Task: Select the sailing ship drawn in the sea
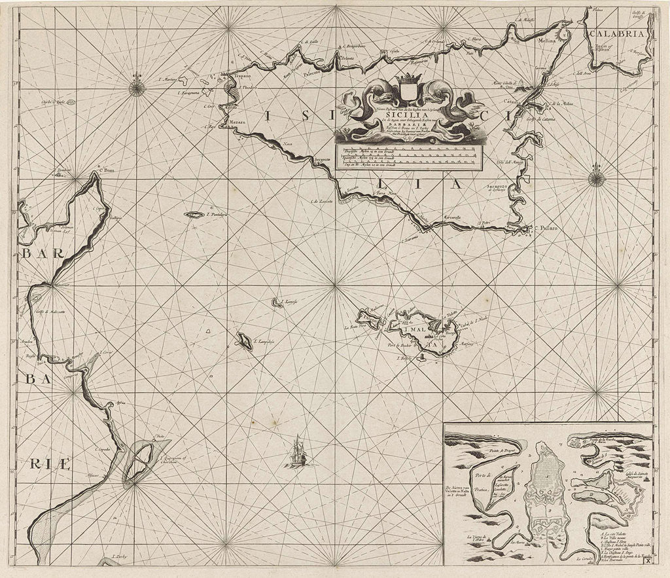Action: pyautogui.click(x=297, y=451)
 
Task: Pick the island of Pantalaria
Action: pyautogui.click(x=194, y=214)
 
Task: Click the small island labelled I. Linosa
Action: pyautogui.click(x=277, y=302)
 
